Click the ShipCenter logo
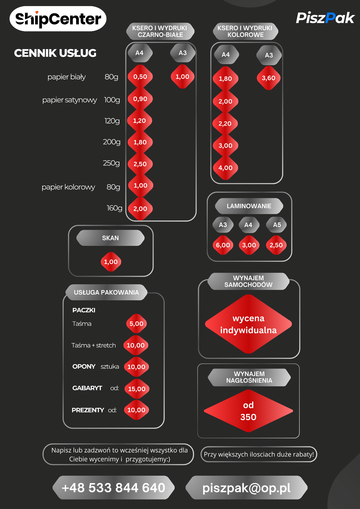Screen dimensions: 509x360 pos(58,19)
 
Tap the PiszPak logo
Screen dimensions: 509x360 pos(325,18)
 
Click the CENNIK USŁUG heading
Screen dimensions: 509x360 pos(55,53)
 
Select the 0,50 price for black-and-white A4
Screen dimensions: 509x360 pos(140,77)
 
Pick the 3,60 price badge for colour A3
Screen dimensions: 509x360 pos(269,78)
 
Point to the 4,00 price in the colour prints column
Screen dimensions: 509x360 pos(225,168)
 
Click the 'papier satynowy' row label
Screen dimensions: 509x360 pos(70,100)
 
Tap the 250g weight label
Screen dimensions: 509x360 pos(111,163)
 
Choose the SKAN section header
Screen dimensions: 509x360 pos(110,238)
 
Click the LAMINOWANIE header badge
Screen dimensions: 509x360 pos(249,206)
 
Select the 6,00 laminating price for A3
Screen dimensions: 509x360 pos(223,245)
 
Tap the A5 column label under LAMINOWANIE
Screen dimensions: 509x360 pos(277,225)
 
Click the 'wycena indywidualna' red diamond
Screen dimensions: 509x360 pos(248,324)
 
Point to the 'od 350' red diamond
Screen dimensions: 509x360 pos(248,411)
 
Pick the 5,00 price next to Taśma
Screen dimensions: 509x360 pos(136,324)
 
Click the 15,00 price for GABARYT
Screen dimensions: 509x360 pos(137,389)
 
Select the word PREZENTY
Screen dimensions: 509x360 pos(88,410)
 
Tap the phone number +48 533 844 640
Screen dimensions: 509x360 pos(114,488)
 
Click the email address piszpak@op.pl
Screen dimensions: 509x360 pos(246,488)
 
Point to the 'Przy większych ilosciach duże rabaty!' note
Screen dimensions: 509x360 pos(259,454)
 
